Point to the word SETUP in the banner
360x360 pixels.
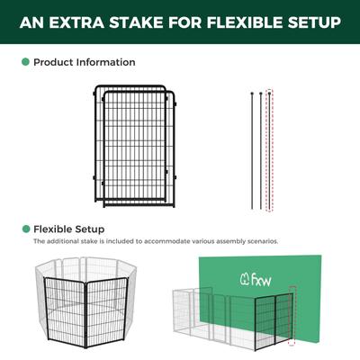310,21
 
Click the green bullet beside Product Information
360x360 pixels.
24,63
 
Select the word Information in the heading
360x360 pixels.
106,63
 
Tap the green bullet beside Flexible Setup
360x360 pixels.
24,229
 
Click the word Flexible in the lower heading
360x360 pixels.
55,229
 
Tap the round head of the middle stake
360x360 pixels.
261,92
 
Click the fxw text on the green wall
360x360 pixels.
263,279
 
